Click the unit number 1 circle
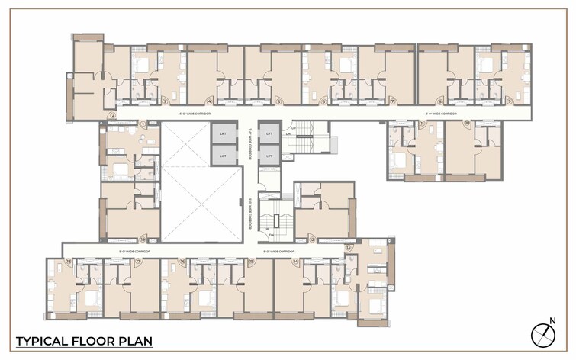143,124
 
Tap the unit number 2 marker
112,116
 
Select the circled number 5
279,101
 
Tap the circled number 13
349,248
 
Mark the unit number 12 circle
313,239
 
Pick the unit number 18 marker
69,262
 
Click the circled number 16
182,262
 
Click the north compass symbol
542,334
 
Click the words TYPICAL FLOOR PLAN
85,340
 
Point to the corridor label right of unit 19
134,251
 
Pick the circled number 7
393,101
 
